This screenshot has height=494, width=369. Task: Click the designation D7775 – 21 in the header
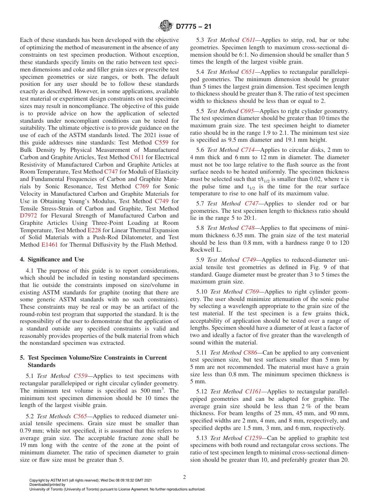click(193, 27)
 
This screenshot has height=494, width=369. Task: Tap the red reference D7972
click(28, 216)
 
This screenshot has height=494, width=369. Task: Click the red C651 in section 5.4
click(248, 72)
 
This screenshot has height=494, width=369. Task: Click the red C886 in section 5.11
click(250, 353)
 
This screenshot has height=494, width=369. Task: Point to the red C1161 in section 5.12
click(254, 391)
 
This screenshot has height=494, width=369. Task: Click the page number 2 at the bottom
click(184, 477)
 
